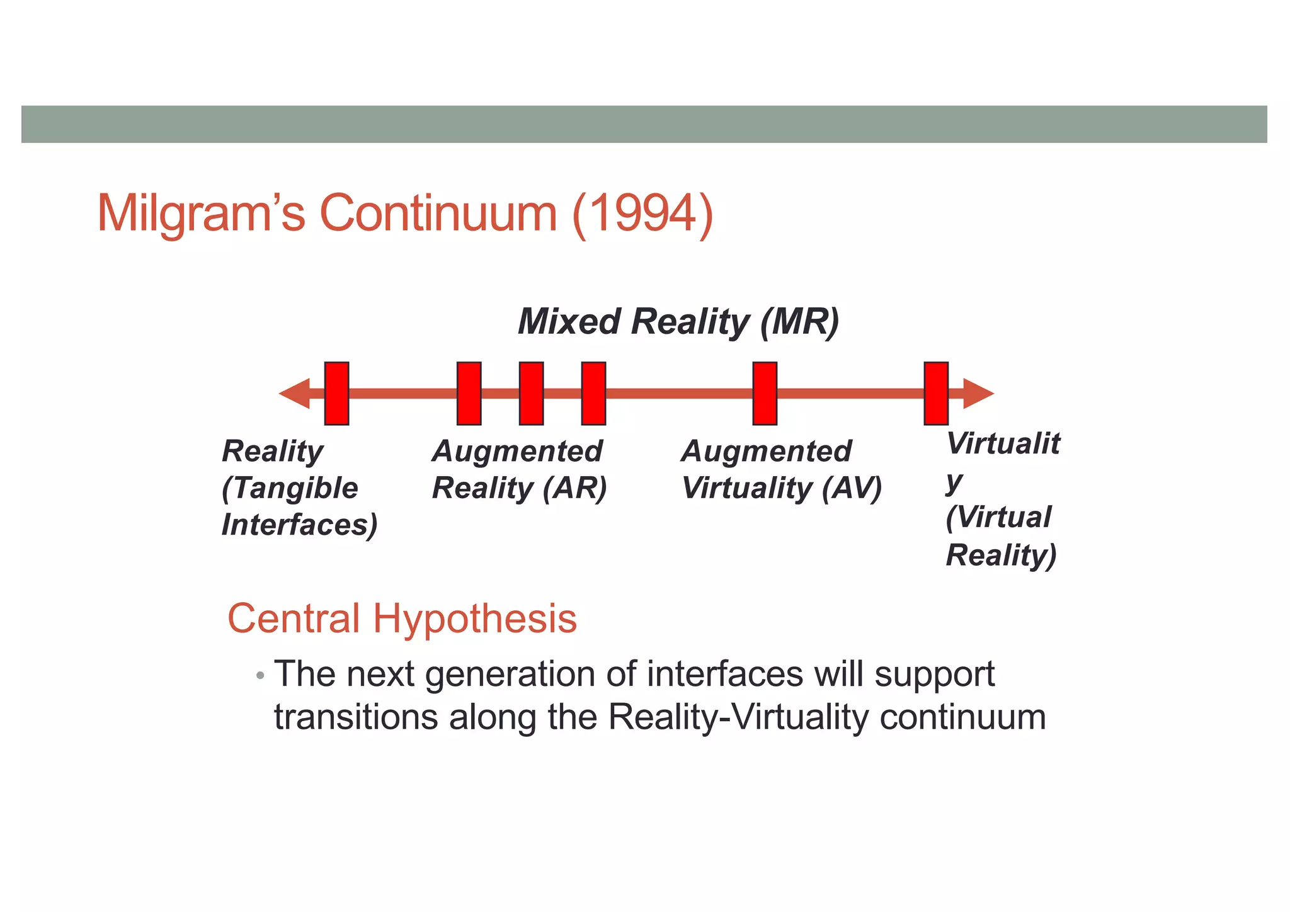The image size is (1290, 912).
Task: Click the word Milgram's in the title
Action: [x=201, y=214]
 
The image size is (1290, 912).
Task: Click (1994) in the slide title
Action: [x=642, y=215]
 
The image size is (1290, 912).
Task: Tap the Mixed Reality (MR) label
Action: [x=678, y=322]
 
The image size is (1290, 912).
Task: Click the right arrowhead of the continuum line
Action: [x=978, y=394]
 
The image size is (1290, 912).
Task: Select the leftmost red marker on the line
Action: [x=336, y=394]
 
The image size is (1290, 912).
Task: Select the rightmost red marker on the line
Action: [x=936, y=394]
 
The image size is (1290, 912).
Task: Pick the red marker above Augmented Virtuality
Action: [x=765, y=394]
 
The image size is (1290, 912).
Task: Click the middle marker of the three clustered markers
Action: [x=531, y=394]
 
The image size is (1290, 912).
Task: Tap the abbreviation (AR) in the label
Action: [x=575, y=488]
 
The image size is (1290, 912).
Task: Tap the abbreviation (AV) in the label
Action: [x=852, y=488]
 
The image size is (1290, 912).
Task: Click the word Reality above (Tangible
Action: [x=272, y=452]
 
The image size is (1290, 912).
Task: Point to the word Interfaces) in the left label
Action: [x=299, y=525]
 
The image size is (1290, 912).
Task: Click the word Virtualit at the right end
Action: [x=1003, y=443]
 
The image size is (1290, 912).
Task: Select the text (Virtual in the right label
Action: [x=998, y=518]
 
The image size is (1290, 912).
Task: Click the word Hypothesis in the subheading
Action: [x=474, y=618]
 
